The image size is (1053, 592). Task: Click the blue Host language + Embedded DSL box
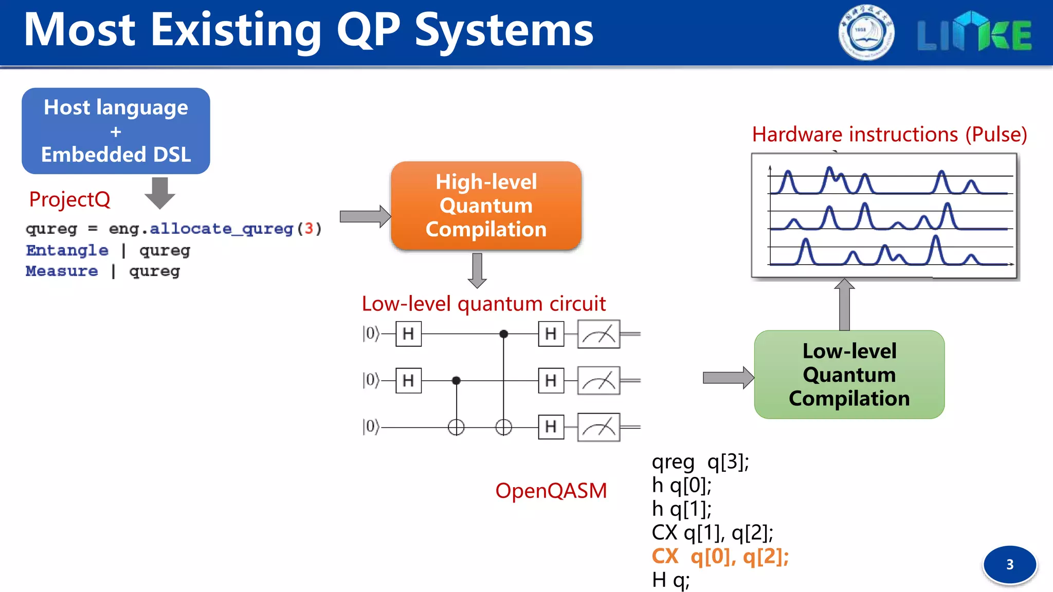click(x=116, y=131)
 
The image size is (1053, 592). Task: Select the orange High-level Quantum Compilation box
click(x=486, y=206)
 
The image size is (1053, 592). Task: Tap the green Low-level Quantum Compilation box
click(x=849, y=375)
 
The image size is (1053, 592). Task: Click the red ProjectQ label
click(x=69, y=199)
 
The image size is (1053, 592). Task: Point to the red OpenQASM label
click(x=551, y=491)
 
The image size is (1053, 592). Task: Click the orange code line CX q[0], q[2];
click(x=720, y=557)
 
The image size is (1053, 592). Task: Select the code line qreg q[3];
click(x=700, y=462)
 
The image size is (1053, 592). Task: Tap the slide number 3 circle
click(x=1009, y=564)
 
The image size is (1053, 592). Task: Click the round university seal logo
click(x=866, y=33)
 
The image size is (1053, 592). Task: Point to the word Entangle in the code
click(x=67, y=250)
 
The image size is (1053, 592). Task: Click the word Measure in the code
click(x=62, y=271)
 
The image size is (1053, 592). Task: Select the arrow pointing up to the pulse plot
click(x=844, y=304)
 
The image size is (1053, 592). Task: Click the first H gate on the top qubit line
click(x=408, y=334)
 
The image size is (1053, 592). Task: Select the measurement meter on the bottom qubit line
click(x=598, y=427)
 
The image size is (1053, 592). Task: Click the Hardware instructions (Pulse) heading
click(x=889, y=135)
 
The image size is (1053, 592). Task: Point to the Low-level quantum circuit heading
click(x=483, y=304)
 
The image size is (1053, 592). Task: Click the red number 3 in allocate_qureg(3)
click(x=308, y=228)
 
